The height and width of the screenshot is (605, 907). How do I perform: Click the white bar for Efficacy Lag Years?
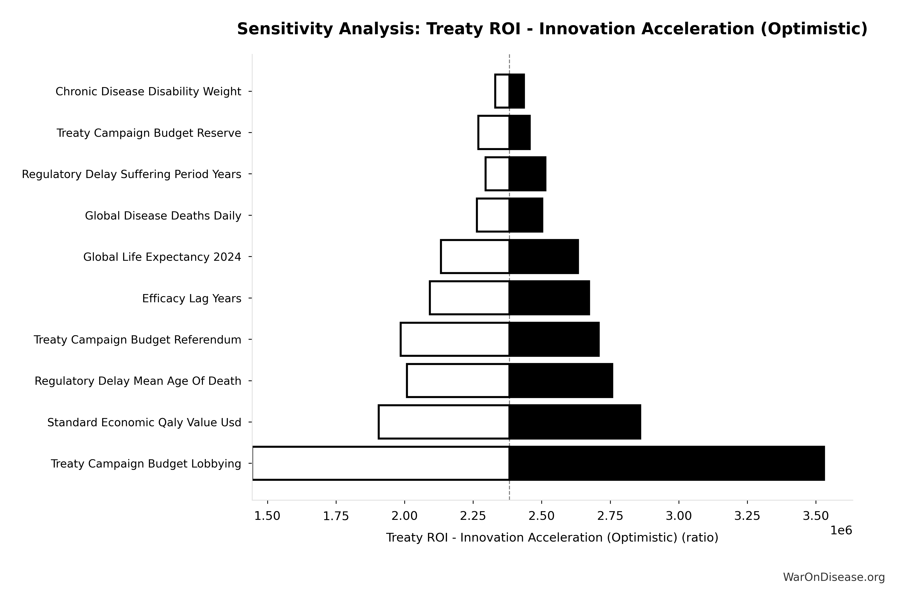tap(469, 298)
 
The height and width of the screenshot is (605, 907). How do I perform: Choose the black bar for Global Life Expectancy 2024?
tap(543, 257)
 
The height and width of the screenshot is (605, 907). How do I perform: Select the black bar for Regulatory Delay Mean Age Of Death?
tap(561, 380)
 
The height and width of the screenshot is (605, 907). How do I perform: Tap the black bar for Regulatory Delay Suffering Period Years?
tap(527, 174)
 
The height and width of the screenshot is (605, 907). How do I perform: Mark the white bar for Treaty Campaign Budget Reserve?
tap(494, 132)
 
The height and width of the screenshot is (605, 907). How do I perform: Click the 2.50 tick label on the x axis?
tap(542, 516)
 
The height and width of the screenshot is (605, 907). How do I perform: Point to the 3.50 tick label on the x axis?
tap(816, 516)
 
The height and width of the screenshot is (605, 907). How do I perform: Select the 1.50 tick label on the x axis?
tap(267, 516)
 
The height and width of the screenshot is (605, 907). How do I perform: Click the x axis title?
tap(552, 537)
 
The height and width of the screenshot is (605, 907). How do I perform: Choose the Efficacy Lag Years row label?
tap(192, 298)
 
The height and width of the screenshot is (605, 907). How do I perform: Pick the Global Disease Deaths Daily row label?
tap(163, 216)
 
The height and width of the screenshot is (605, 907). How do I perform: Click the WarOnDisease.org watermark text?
tap(834, 577)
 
